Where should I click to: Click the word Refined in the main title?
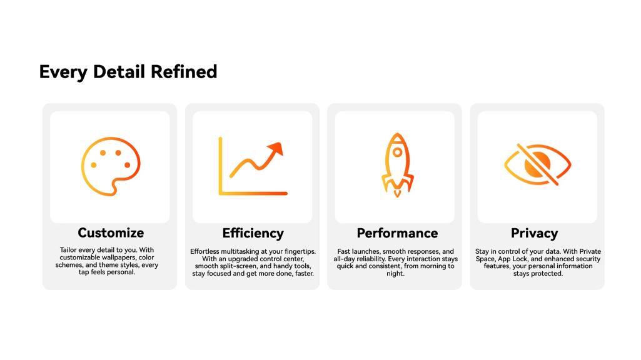coord(184,71)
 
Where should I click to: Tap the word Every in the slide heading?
coord(63,72)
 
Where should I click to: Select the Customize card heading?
coord(111,232)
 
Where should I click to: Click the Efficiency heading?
coord(253,233)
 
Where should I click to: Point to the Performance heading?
coord(397,233)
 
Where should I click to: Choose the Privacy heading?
coord(534,233)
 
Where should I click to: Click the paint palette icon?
coord(111,166)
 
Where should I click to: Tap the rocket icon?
coord(397,165)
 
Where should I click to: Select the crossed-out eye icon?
coord(538,164)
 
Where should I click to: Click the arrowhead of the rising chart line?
coord(276,149)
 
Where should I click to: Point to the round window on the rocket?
coord(397,152)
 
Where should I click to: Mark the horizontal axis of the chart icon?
coord(253,193)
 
